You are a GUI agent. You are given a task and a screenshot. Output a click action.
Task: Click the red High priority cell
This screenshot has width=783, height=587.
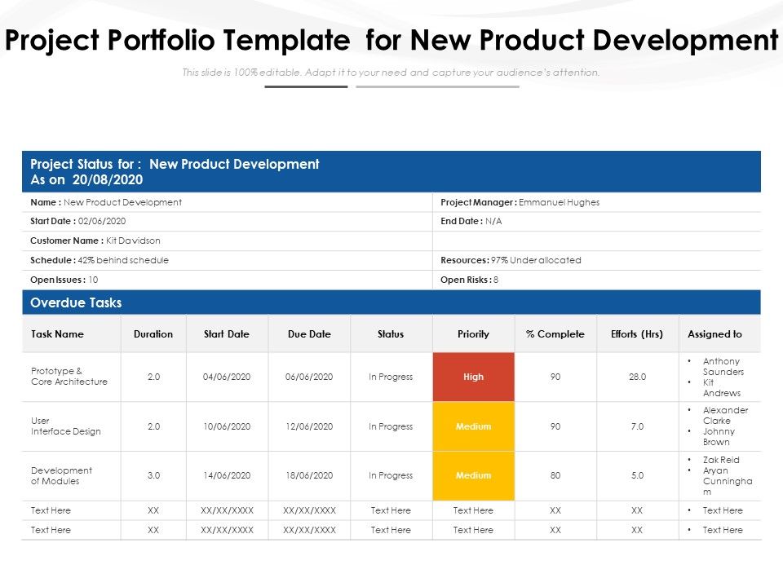click(x=473, y=377)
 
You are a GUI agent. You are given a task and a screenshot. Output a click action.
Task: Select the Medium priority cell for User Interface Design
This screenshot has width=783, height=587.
click(x=473, y=426)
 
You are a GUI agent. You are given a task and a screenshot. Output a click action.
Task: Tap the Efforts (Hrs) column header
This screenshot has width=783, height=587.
click(x=637, y=333)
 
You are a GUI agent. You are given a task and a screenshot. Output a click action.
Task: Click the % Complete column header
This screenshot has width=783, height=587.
click(x=555, y=333)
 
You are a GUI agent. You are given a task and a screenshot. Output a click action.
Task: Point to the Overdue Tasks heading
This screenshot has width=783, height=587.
click(x=76, y=302)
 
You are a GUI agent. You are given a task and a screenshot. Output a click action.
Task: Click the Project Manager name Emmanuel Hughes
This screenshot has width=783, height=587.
click(x=559, y=202)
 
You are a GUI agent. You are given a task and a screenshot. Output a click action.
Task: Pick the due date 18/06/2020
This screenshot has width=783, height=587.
click(x=309, y=475)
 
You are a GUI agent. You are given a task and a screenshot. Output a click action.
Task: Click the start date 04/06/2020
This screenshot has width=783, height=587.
click(x=227, y=377)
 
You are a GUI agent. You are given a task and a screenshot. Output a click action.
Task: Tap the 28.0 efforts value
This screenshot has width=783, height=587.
click(x=637, y=377)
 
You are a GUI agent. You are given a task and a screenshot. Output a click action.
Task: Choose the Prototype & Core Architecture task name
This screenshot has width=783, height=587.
click(x=69, y=376)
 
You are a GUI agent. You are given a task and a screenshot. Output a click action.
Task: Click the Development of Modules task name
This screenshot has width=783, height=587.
click(x=61, y=475)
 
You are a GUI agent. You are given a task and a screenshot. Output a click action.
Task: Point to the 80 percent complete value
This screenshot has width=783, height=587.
click(x=555, y=475)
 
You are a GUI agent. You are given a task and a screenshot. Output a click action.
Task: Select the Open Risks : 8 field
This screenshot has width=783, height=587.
click(x=469, y=280)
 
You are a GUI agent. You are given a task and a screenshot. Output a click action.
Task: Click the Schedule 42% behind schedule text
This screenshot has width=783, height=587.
click(x=100, y=260)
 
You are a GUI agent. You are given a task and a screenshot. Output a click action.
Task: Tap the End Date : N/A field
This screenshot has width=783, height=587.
click(x=471, y=221)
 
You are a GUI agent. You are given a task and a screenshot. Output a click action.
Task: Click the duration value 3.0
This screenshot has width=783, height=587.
click(x=153, y=475)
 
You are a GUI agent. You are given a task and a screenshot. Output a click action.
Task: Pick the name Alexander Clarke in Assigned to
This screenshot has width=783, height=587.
click(x=725, y=416)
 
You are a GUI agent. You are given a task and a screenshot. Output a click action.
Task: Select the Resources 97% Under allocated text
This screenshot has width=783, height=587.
click(x=511, y=260)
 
